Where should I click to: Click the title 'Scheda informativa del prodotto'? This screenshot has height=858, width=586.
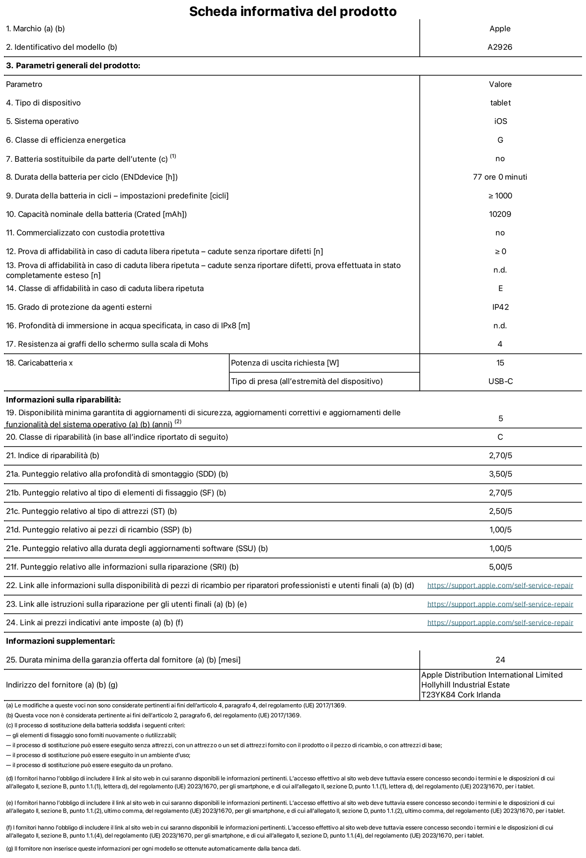(x=293, y=11)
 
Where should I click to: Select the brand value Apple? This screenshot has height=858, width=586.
(x=500, y=29)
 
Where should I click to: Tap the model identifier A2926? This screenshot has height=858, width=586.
(x=500, y=47)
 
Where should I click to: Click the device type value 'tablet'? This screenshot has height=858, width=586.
(x=500, y=103)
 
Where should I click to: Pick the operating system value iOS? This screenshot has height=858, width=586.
(x=500, y=121)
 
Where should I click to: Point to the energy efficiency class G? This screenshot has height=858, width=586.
(x=500, y=140)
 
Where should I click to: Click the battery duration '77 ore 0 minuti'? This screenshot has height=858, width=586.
(x=500, y=177)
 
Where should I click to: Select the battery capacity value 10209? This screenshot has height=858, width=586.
(x=500, y=214)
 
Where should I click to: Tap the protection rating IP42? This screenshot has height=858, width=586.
(x=500, y=307)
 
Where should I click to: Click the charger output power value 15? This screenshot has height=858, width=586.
(x=500, y=363)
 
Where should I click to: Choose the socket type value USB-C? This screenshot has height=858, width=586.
(x=500, y=381)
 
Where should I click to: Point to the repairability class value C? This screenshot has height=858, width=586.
(x=500, y=437)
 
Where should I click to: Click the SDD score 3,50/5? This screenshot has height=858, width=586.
(x=500, y=474)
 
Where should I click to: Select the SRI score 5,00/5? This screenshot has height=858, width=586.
(x=500, y=567)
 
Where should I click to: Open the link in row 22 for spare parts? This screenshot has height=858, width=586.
(x=500, y=586)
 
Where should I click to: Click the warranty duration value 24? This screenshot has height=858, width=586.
(x=500, y=660)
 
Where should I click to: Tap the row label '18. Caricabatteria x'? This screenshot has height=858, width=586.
(x=40, y=363)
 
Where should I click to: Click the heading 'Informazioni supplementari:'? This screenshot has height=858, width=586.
(x=60, y=641)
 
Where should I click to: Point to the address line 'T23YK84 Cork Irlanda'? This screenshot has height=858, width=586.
(x=461, y=695)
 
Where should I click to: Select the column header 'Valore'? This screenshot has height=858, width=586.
(x=500, y=84)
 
